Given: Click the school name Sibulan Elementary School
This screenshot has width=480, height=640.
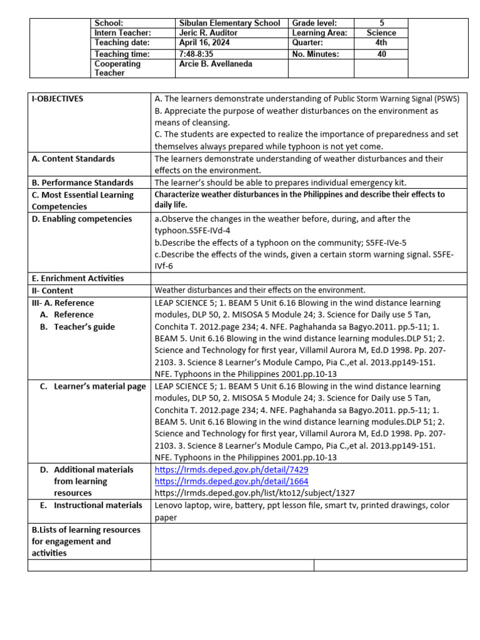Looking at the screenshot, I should pyautogui.click(x=229, y=23).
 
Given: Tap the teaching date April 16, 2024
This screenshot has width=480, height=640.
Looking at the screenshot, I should pyautogui.click(x=204, y=43).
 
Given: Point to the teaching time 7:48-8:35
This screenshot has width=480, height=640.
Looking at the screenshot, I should pyautogui.click(x=196, y=54).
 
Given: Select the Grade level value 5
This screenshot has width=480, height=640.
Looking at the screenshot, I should pyautogui.click(x=382, y=23).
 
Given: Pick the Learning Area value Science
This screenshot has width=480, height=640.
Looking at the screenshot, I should pyautogui.click(x=382, y=33).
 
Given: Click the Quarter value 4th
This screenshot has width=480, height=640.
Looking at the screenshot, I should pyautogui.click(x=382, y=43).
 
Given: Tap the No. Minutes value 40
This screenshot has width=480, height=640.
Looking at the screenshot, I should pyautogui.click(x=382, y=54).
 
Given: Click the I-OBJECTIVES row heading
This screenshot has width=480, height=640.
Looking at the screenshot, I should pyautogui.click(x=57, y=99).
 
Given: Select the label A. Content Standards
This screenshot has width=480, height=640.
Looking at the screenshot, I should pyautogui.click(x=73, y=159).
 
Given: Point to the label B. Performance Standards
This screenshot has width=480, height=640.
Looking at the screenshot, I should pyautogui.click(x=82, y=182).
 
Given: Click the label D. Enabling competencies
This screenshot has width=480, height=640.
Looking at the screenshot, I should pyautogui.click(x=82, y=219).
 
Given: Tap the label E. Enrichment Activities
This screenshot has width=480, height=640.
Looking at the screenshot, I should pyautogui.click(x=78, y=278).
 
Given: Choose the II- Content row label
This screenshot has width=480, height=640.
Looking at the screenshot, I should pyautogui.click(x=52, y=291).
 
